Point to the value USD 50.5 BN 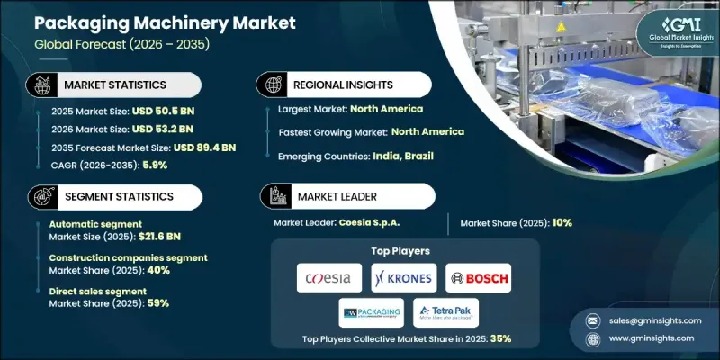(164, 115)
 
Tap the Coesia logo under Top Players (328, 278)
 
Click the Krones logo (401, 278)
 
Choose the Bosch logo (478, 278)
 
